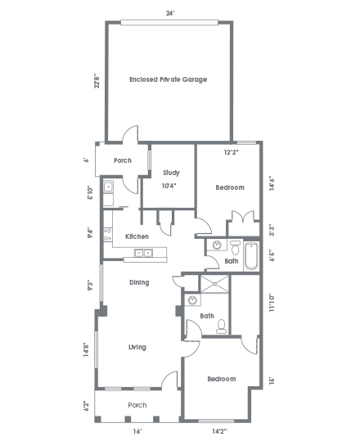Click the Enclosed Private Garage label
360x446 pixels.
click(168, 79)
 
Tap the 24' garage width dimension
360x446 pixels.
click(170, 13)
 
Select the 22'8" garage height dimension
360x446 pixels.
click(97, 82)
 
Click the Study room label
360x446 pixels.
click(171, 173)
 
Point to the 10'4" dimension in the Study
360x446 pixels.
click(169, 186)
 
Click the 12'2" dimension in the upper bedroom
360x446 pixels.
click(231, 152)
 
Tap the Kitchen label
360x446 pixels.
click(137, 237)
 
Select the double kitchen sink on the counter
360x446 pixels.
click(143, 253)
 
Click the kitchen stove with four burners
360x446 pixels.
click(107, 235)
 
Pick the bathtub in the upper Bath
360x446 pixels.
click(251, 256)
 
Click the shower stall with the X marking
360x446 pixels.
click(214, 284)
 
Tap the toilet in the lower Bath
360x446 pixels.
click(221, 327)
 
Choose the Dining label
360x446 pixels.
click(139, 282)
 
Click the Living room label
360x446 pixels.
click(137, 347)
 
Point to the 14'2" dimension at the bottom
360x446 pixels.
click(219, 431)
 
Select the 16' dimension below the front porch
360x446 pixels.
click(137, 431)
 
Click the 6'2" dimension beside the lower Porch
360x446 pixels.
click(88, 406)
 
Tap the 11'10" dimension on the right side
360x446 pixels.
click(272, 303)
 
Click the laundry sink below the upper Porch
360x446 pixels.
click(108, 187)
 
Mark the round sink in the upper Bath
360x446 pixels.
click(217, 245)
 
